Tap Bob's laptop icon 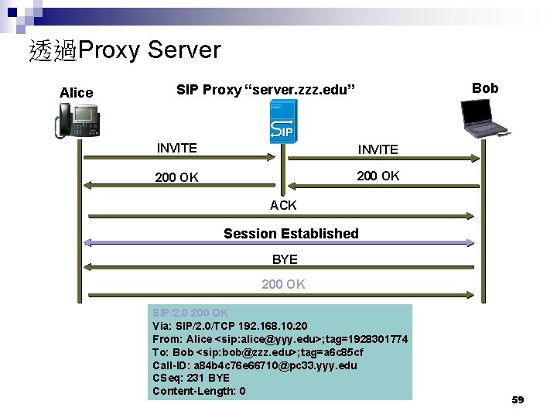(485, 120)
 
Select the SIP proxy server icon (282, 124)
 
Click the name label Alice (76, 93)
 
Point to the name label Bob (485, 87)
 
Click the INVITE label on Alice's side (176, 148)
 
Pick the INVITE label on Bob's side (378, 149)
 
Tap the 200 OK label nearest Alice (176, 177)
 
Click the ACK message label (283, 205)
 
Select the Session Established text (291, 233)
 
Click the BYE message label (285, 259)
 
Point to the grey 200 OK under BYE (283, 284)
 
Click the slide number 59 (518, 399)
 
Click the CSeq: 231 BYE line (191, 378)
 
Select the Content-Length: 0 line (199, 391)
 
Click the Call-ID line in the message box (255, 365)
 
